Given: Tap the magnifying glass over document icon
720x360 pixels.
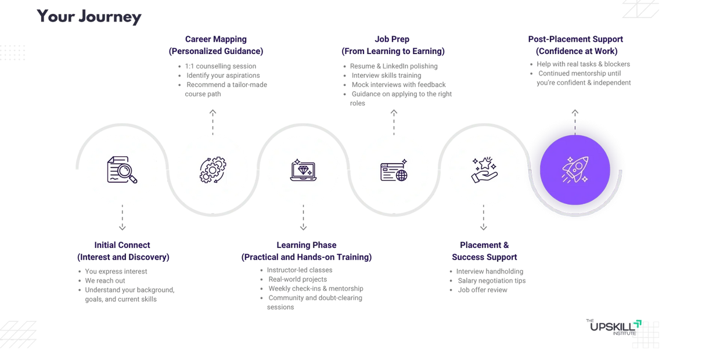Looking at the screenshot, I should (122, 170).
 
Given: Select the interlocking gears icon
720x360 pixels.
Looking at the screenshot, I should (213, 170).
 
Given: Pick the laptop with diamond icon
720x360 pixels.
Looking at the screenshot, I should (303, 170).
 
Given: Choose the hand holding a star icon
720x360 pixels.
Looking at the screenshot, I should (484, 170).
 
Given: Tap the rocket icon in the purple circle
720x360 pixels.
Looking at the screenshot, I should (575, 170).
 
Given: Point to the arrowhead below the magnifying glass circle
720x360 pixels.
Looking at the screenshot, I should (122, 227).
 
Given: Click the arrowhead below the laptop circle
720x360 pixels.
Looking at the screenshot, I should (303, 227).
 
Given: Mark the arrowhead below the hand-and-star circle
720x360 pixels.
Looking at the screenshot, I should (484, 227).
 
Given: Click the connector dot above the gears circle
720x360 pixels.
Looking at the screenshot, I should (213, 111).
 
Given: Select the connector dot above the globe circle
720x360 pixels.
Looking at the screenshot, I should (394, 111).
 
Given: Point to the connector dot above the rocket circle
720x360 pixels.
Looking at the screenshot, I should (575, 111).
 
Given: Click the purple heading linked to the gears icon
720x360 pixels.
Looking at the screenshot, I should (216, 45).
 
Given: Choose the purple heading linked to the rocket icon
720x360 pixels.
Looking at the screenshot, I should (575, 45).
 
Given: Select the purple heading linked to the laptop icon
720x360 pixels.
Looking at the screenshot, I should (307, 251).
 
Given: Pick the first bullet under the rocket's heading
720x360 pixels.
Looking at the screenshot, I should (581, 64).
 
